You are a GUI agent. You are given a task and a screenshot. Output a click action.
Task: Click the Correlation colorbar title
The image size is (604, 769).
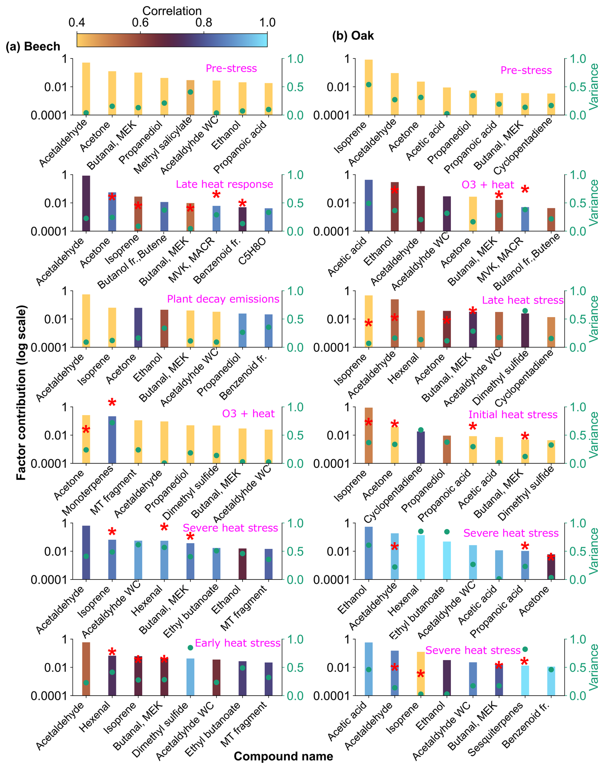(x=172, y=11)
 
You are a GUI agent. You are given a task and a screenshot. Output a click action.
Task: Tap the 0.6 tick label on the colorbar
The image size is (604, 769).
(x=140, y=23)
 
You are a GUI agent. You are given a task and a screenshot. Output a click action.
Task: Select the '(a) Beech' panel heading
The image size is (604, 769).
(x=33, y=46)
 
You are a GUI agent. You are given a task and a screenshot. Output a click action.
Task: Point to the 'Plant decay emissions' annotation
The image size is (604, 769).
(x=223, y=299)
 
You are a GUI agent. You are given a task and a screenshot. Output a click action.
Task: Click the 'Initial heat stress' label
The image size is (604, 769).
(x=513, y=414)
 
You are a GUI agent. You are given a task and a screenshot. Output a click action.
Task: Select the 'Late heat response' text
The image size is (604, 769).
(x=224, y=184)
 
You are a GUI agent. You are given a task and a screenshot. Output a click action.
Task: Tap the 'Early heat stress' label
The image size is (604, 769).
(x=238, y=643)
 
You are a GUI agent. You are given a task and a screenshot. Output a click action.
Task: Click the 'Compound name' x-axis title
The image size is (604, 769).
(x=283, y=756)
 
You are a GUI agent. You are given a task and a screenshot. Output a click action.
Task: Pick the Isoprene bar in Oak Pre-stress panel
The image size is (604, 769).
(x=368, y=87)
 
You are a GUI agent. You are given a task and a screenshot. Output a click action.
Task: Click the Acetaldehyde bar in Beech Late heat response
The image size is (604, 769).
(x=86, y=203)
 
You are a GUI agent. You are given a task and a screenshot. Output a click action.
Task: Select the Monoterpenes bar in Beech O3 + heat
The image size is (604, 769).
(x=112, y=440)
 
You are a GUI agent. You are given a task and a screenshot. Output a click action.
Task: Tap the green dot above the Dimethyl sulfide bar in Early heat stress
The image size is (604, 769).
(x=190, y=648)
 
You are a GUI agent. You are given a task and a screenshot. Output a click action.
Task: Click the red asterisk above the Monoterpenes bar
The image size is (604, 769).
(x=112, y=402)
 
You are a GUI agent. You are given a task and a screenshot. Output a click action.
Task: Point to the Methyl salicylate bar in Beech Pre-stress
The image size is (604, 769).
(x=190, y=97)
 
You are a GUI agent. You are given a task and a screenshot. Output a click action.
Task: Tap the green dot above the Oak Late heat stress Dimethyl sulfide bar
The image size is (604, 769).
(x=525, y=311)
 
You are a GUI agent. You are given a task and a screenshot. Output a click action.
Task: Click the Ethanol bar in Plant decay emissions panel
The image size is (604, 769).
(x=164, y=328)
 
